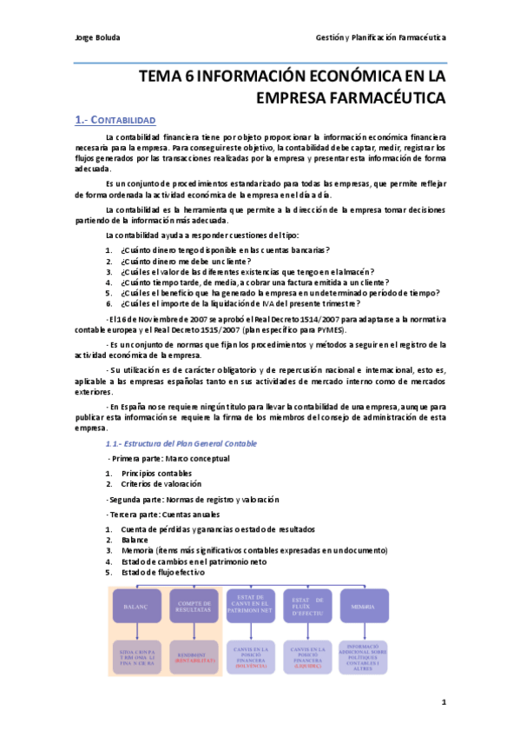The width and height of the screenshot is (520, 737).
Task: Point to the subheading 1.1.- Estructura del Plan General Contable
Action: (x=181, y=443)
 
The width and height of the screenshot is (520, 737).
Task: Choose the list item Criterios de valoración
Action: (x=161, y=483)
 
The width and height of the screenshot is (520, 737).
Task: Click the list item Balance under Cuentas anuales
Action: (x=135, y=539)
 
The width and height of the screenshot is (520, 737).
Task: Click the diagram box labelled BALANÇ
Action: (x=137, y=605)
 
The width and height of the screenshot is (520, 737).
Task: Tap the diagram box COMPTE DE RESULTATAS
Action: (x=194, y=605)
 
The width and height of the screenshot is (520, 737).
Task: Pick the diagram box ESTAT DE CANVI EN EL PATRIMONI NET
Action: (x=251, y=605)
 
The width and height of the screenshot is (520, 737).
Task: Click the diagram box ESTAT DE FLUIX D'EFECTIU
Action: (x=308, y=605)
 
